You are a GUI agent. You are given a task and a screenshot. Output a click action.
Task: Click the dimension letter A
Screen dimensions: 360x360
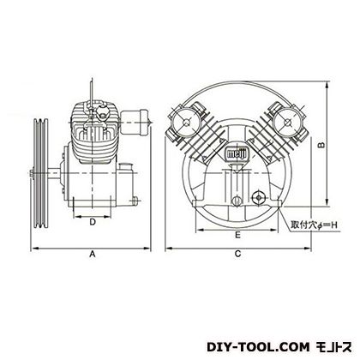93,254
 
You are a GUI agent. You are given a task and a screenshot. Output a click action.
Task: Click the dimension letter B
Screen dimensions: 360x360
321,145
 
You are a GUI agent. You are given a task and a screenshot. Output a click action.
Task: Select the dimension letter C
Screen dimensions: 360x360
237,254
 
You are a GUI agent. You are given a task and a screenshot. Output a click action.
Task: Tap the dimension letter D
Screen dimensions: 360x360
93,222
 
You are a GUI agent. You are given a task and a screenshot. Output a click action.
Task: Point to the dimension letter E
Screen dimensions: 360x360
237,235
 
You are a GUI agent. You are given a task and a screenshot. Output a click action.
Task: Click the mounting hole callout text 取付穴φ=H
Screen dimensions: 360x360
315,225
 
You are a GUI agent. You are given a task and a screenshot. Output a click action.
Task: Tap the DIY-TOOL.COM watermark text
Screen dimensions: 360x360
258,347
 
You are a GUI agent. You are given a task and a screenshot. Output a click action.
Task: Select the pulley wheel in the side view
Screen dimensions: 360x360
40,173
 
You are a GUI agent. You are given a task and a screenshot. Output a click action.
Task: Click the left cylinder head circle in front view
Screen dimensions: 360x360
186,123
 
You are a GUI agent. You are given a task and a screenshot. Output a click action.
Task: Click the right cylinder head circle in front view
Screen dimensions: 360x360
286,123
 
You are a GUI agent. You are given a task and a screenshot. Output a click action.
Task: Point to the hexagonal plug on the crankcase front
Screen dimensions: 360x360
259,197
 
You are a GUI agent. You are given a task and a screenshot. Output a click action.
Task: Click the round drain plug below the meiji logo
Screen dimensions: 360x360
237,201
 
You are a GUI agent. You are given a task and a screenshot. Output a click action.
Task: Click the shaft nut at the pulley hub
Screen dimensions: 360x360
32,173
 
